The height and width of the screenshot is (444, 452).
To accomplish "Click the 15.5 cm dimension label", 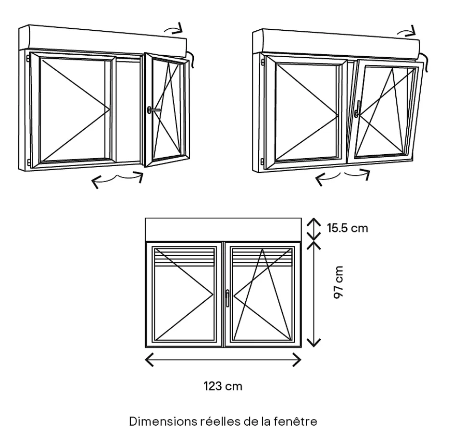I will click(x=348, y=228).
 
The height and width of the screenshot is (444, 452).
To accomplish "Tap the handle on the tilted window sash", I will click(x=357, y=110).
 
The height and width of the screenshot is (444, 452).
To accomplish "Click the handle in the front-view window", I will click(x=226, y=297).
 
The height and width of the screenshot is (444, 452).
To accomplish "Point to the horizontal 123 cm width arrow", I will click(x=223, y=359).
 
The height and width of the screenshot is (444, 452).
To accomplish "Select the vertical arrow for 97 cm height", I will click(x=314, y=294).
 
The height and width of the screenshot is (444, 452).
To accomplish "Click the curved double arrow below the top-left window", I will click(x=117, y=179).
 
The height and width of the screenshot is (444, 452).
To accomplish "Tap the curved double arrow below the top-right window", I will click(x=342, y=176).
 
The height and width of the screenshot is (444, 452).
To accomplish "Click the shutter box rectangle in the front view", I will click(x=223, y=229).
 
